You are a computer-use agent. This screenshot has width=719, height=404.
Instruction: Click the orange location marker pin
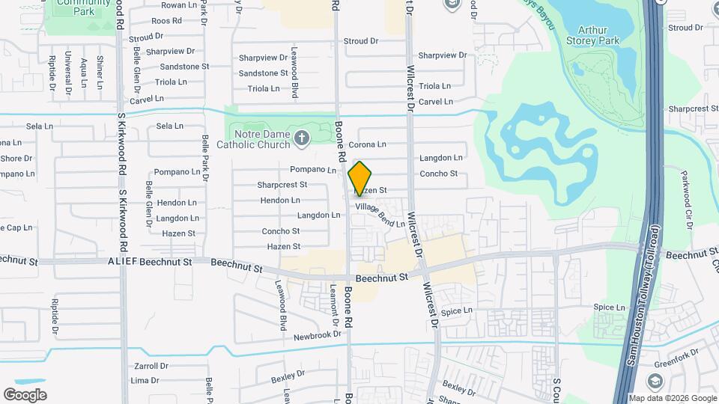coord(359,178)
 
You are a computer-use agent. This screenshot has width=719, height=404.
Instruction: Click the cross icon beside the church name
coord(302,138)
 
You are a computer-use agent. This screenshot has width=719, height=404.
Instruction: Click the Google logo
coord(25,394)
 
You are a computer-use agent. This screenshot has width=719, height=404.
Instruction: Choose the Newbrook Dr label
coord(318,335)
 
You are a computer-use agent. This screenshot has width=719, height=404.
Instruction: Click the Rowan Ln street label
coord(178,5)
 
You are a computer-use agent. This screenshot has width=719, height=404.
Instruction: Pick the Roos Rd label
coord(166,21)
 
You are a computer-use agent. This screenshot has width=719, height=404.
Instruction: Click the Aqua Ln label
coord(83,70)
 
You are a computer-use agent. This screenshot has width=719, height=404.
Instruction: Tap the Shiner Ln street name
coord(100,70)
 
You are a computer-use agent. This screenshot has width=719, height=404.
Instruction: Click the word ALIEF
coord(122,262)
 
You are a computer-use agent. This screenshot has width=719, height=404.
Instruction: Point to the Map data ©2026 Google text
coord(672,398)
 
